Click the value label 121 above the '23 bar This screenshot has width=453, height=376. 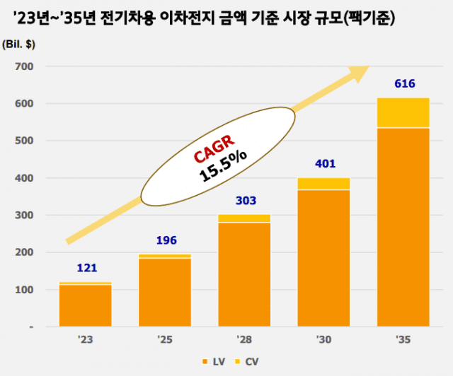point(86,268)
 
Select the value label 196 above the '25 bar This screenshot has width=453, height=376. point(165,239)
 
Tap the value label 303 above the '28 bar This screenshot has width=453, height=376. point(244,200)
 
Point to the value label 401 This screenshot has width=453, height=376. point(323,164)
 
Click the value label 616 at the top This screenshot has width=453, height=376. point(403,84)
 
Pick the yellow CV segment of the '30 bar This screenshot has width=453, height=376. point(323,184)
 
